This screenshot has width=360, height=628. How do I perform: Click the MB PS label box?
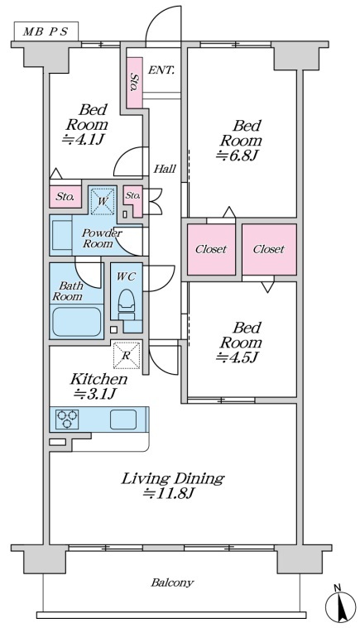pos(46,31)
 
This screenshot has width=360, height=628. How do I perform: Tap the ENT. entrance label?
pos(161,70)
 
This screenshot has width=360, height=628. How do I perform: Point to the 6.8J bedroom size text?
pos(236,156)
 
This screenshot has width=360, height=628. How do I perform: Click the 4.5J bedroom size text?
pos(236,357)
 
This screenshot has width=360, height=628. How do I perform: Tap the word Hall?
pos(165,169)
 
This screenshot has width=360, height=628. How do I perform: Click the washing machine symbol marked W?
pos(102,200)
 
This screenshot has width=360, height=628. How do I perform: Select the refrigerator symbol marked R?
pos(127,355)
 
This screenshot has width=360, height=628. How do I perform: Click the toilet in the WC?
pos(127,303)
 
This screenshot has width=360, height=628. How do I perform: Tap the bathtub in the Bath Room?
pos(76,322)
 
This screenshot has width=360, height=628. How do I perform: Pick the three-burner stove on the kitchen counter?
pos(67,419)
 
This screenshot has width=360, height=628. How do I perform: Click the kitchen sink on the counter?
pos(123,419)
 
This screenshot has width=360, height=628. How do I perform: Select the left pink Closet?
pos(211,250)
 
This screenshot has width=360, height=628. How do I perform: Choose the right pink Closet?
pos(269,250)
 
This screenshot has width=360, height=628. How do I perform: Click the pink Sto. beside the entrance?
pos(135,83)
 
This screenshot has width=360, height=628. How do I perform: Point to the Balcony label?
pos(172,582)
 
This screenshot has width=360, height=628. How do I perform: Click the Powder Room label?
pos(98,238)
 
